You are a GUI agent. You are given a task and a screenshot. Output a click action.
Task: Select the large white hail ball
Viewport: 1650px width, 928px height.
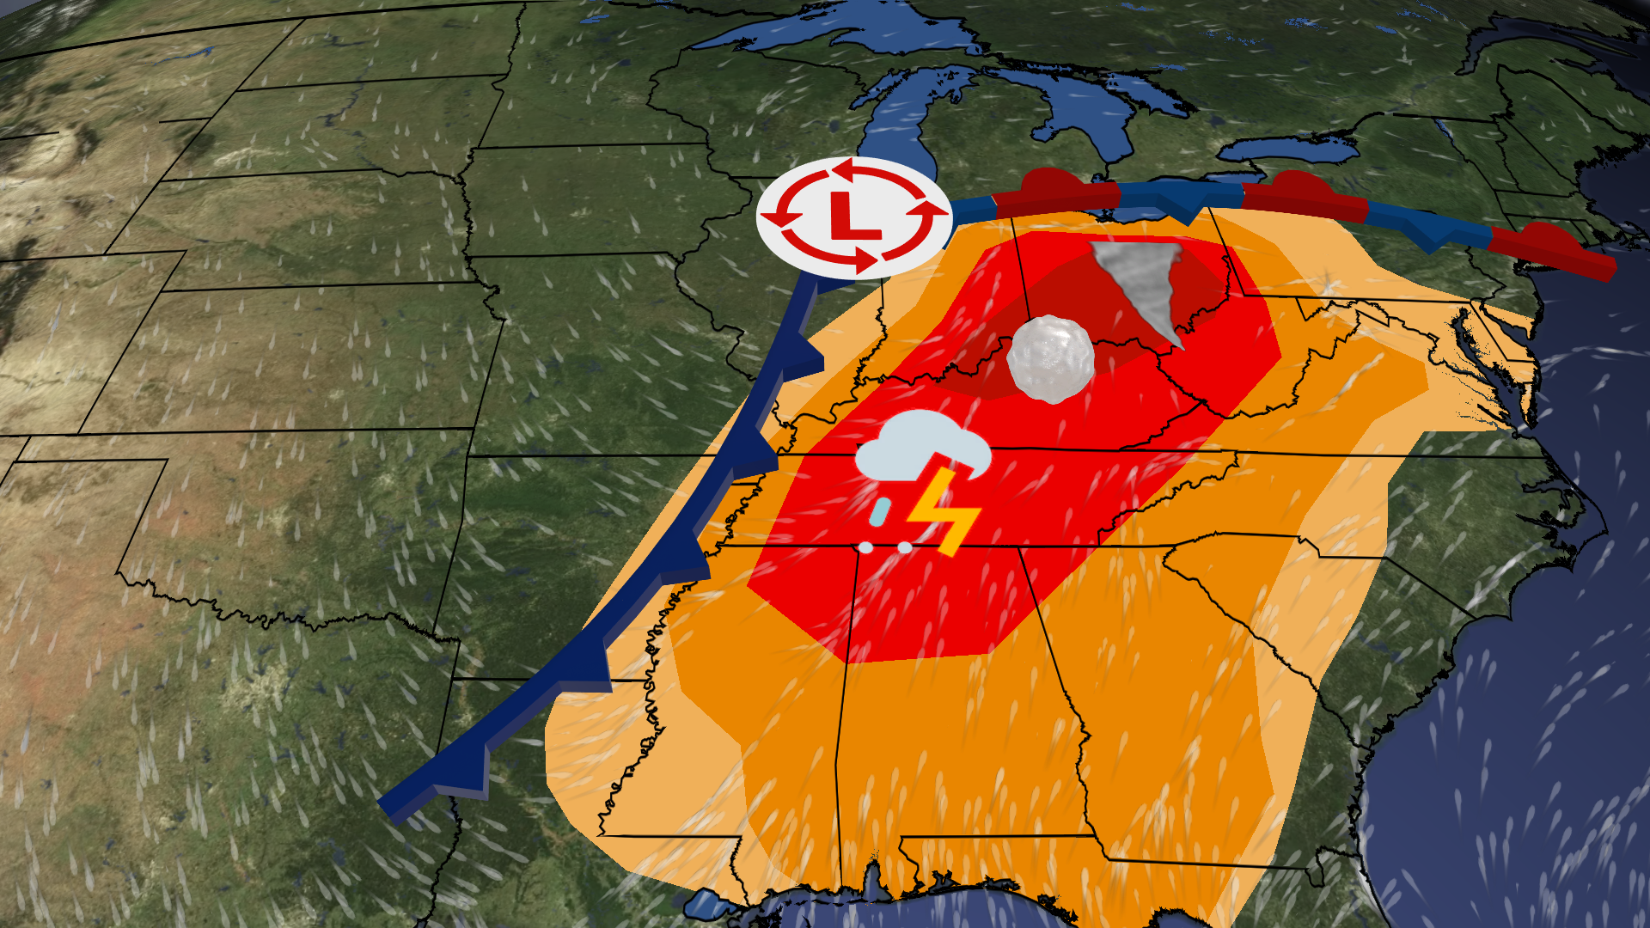pos(1050,359)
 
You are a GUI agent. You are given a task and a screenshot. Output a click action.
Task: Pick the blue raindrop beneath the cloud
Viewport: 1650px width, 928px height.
pos(879,512)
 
